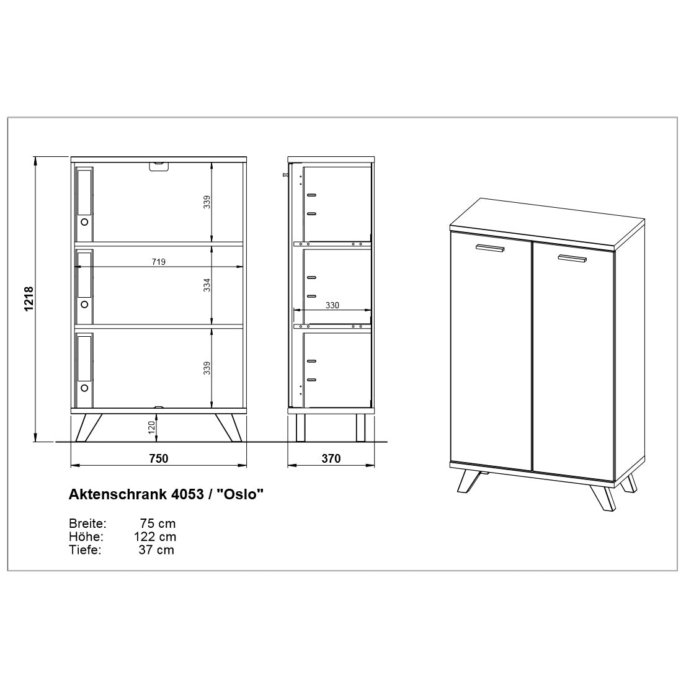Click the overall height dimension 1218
click(x=29, y=299)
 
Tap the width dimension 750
click(x=158, y=458)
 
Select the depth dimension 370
click(x=331, y=458)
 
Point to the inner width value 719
click(x=158, y=262)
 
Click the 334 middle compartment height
click(x=207, y=285)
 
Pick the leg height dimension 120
click(x=151, y=427)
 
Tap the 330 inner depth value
click(x=332, y=305)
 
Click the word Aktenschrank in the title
click(x=117, y=494)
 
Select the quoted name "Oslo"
click(x=241, y=494)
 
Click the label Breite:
click(x=87, y=523)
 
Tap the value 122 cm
click(x=155, y=537)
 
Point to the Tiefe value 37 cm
click(x=156, y=550)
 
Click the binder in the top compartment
click(x=84, y=203)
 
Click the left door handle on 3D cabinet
click(x=490, y=247)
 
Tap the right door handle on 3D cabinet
click(x=572, y=258)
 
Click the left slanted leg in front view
click(x=89, y=427)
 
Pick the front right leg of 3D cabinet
click(x=602, y=497)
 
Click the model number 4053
click(x=186, y=494)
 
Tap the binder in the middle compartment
click(x=84, y=287)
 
